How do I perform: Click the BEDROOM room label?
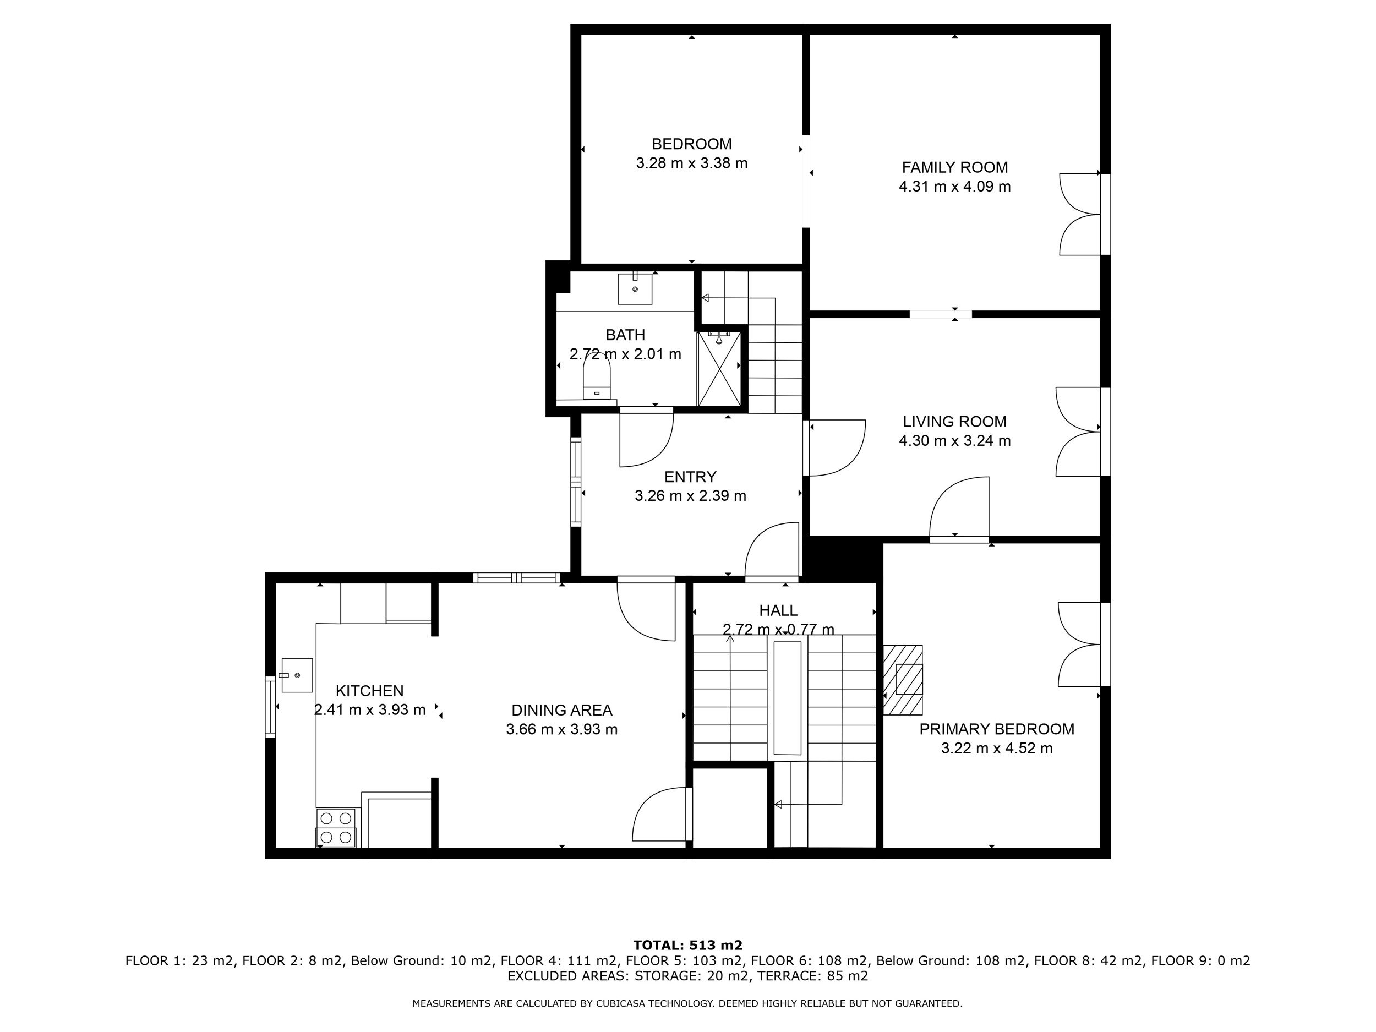point(691,144)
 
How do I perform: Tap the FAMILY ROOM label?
point(955,167)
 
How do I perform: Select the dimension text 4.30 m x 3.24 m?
point(955,440)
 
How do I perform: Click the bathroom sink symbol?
point(635,287)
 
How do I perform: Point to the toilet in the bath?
point(597,375)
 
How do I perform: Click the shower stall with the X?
point(719,368)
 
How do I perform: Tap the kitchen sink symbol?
point(297,675)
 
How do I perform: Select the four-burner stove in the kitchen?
point(336,828)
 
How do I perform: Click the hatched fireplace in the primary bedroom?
point(903,680)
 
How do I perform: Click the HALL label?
point(778,610)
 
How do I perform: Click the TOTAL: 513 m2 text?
point(688,946)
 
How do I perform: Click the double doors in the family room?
point(1080,214)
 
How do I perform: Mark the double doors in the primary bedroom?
point(1079,644)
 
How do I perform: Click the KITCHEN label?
point(369,691)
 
